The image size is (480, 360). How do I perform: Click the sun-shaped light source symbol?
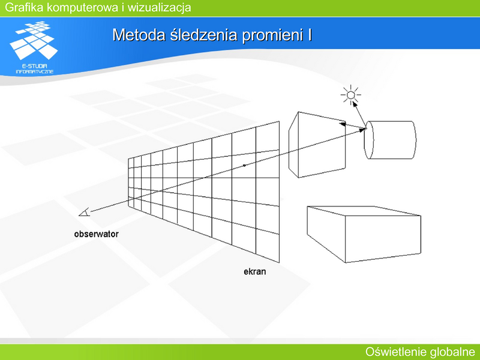pyautogui.click(x=351, y=95)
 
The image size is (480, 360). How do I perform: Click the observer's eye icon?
pyautogui.click(x=85, y=212)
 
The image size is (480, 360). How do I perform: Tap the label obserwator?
pyautogui.click(x=96, y=234)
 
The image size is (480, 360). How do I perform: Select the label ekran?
pyautogui.click(x=254, y=272)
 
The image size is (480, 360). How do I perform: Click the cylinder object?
pyautogui.click(x=389, y=140)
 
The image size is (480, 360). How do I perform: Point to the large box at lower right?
pyautogui.click(x=364, y=234)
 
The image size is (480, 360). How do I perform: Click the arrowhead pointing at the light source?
pyautogui.click(x=355, y=104)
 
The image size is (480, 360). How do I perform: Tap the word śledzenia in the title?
pyautogui.click(x=204, y=35)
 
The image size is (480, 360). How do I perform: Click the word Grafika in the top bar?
pyautogui.click(x=24, y=7)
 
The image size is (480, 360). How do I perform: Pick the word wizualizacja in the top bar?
pyautogui.click(x=159, y=7)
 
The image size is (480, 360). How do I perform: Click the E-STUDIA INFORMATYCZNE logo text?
pyautogui.click(x=35, y=69)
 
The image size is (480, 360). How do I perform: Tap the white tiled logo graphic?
pyautogui.click(x=34, y=40)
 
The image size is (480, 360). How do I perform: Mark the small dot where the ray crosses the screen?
pyautogui.click(x=244, y=166)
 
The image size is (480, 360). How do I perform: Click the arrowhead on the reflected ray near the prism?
pyautogui.click(x=343, y=124)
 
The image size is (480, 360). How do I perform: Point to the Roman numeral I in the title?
pyautogui.click(x=310, y=35)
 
